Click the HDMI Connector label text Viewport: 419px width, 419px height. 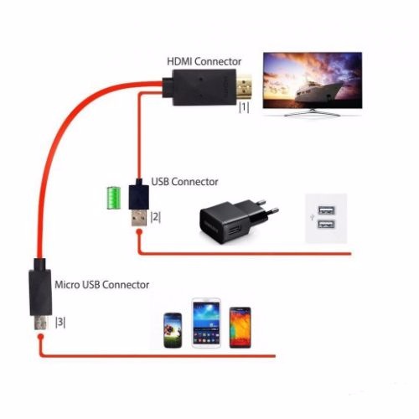[204, 61]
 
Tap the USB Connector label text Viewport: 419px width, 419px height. [184, 182]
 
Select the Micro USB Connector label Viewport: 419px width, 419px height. [101, 285]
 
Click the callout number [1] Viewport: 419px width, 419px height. [244, 107]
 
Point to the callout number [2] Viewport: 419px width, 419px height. [156, 217]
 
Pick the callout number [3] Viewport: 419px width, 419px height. [60, 322]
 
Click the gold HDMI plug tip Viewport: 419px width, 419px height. [245, 87]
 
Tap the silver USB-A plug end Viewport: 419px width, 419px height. [139, 218]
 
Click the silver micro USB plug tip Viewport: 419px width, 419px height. [40, 323]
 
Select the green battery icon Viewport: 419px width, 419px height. [114, 198]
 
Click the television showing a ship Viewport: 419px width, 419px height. [313, 84]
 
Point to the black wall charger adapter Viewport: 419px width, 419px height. [239, 220]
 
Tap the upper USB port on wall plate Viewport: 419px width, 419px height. [326, 210]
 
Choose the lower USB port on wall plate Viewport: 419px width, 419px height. [326, 224]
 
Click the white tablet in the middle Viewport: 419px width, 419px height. [206, 323]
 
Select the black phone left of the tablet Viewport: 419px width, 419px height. [173, 330]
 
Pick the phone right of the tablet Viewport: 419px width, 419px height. [241, 328]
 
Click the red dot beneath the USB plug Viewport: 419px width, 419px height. [139, 232]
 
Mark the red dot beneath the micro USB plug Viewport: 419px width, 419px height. [41, 336]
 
